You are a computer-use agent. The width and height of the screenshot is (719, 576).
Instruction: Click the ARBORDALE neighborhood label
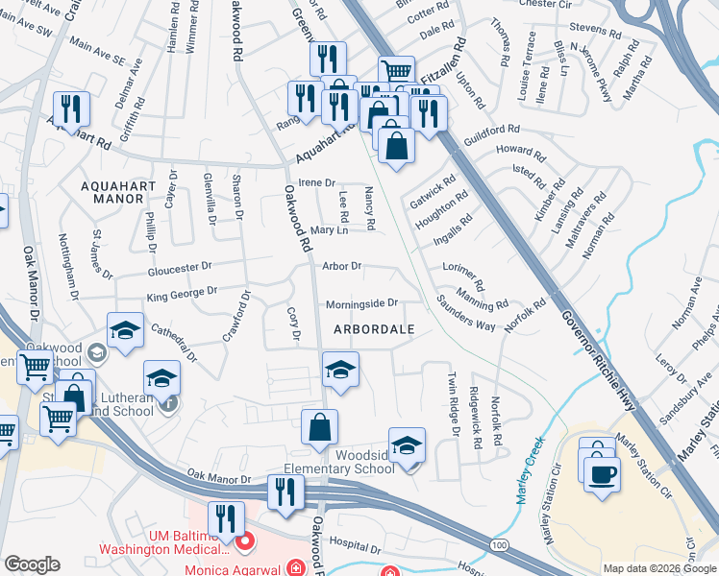coord(374,329)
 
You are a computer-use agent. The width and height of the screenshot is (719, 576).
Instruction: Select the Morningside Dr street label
coord(361,303)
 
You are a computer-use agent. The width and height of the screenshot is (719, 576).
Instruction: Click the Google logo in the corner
coord(33,564)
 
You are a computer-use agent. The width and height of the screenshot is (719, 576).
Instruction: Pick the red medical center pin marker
coord(244,541)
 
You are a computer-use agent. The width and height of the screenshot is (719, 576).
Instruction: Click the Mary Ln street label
coord(329,230)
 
